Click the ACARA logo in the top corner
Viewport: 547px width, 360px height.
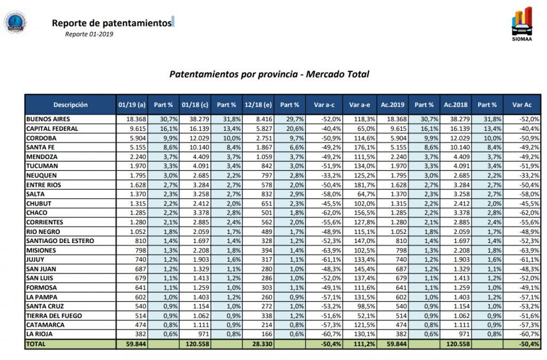tap(14, 22)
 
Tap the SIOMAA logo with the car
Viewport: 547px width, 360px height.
tap(521, 23)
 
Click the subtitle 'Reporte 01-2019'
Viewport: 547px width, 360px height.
tap(89, 34)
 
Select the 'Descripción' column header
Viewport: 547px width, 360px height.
tap(70, 105)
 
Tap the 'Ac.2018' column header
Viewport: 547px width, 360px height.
tap(456, 105)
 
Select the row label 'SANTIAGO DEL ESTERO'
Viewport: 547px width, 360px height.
tap(60, 241)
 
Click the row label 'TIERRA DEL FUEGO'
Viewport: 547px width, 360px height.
tap(54, 316)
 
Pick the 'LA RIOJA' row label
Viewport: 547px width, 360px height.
tap(41, 334)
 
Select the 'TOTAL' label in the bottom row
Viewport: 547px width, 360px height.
tap(36, 345)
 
